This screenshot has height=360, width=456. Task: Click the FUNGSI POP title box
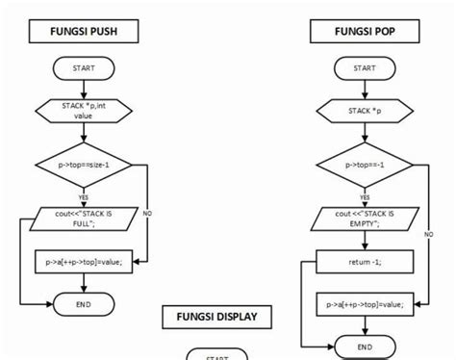click(365, 32)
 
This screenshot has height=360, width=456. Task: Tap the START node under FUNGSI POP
click(365, 68)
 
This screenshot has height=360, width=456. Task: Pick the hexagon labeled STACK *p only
click(365, 112)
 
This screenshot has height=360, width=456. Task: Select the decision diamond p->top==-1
click(365, 165)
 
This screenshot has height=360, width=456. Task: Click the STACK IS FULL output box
click(83, 219)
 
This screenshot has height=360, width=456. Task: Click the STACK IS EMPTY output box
click(365, 219)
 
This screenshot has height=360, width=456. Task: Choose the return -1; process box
click(365, 261)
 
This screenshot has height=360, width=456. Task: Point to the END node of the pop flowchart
click(365, 347)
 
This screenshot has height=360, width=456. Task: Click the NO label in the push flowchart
click(147, 212)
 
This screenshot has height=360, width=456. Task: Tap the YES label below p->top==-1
click(365, 197)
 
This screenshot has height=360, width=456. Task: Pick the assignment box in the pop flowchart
click(365, 304)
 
